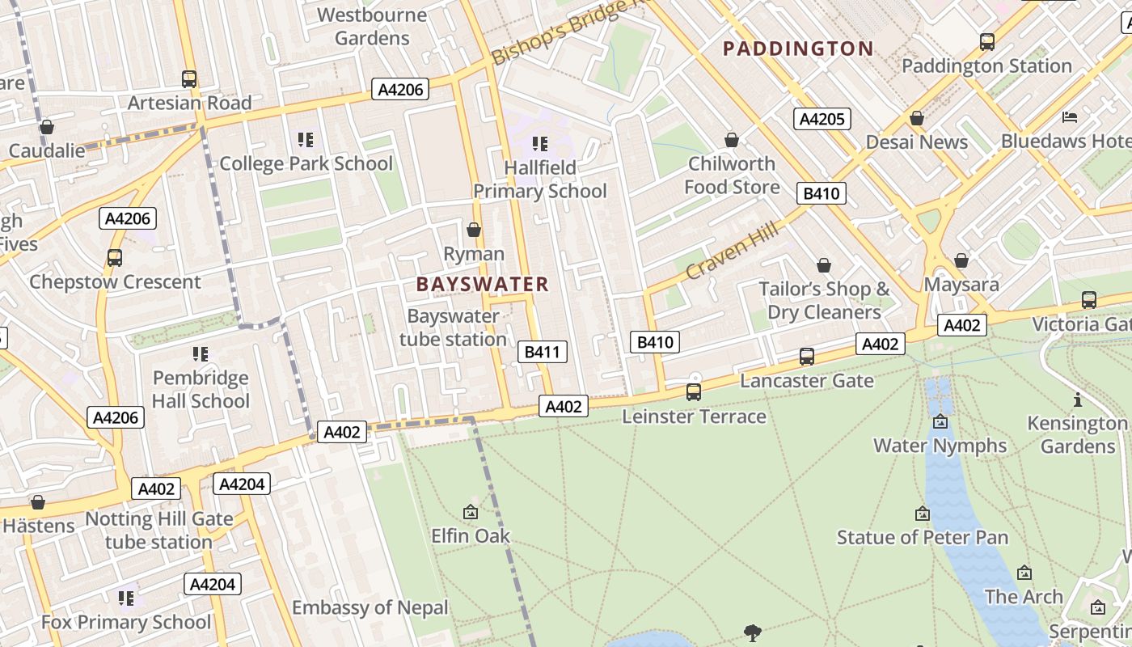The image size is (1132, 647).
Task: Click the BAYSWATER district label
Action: (482, 284)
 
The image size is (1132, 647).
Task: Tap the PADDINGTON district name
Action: (797, 49)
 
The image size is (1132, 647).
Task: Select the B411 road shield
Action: (542, 352)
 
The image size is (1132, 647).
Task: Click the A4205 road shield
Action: (822, 120)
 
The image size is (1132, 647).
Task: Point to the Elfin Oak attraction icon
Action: (470, 512)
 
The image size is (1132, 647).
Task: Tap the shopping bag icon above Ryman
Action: (474, 230)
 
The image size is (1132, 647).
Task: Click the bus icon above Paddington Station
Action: (986, 42)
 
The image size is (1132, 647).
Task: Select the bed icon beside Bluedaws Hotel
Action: (1070, 117)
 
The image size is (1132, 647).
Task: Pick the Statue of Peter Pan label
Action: (922, 537)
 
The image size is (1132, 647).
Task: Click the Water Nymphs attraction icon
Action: (940, 421)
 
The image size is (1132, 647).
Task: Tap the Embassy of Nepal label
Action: (370, 607)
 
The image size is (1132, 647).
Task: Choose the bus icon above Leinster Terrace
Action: (693, 392)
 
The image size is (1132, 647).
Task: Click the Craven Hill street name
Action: (732, 251)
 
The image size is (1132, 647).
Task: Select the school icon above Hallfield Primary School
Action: (539, 144)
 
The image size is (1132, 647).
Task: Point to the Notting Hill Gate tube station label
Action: (158, 530)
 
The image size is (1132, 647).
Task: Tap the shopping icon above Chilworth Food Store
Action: (732, 141)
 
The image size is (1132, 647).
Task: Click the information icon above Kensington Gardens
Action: (1077, 400)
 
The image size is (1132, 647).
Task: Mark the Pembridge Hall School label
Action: (201, 389)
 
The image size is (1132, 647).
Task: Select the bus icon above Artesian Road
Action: (188, 79)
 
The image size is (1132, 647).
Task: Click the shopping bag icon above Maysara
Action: (961, 260)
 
